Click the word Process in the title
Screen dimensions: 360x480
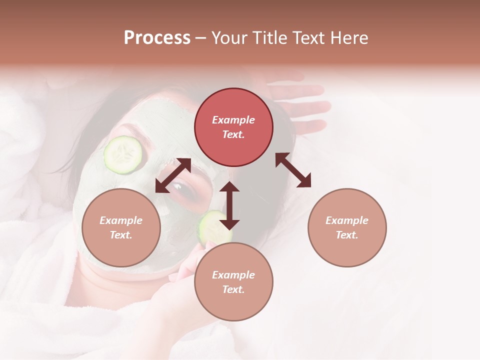[157, 38]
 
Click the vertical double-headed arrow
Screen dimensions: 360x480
[229, 205]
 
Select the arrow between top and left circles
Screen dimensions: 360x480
[173, 175]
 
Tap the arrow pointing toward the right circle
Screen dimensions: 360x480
[293, 170]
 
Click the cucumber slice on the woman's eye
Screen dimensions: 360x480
[123, 155]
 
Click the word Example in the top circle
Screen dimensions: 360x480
[233, 120]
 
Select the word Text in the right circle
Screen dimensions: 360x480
[347, 235]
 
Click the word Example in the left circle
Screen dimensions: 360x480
[121, 220]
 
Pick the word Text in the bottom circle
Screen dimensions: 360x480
[233, 289]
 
